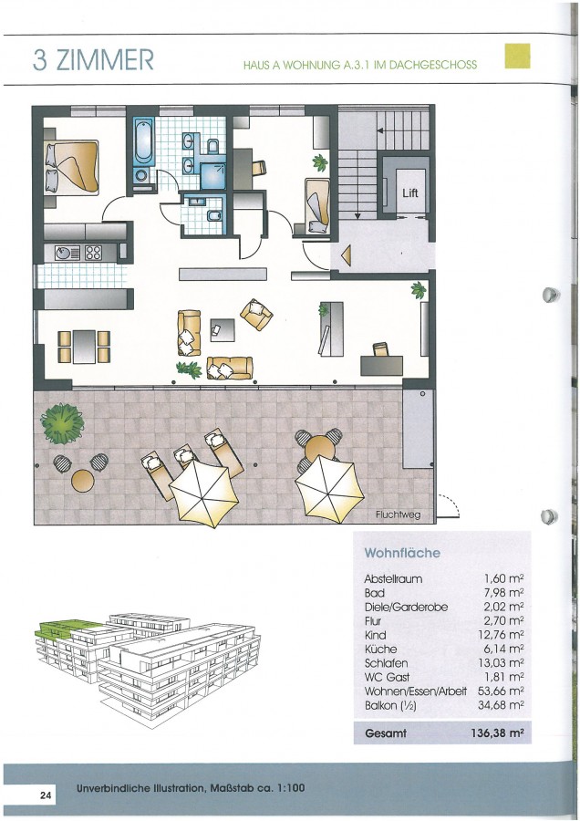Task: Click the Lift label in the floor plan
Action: pos(410,192)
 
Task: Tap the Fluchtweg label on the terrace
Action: pos(398,514)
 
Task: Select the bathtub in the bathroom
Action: pos(143,140)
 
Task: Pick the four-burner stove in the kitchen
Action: pos(94,253)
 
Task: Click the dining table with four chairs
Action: pos(84,346)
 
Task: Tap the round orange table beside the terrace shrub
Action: pos(83,481)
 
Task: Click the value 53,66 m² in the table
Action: pos(501,691)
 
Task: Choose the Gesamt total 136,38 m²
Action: pos(497,733)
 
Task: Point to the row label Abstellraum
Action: pos(393,578)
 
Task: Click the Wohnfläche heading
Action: pos(402,553)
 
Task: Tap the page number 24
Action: pos(46,795)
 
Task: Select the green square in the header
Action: pos(517,56)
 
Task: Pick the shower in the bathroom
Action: pos(213,175)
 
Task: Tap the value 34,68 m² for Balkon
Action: pos(501,705)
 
